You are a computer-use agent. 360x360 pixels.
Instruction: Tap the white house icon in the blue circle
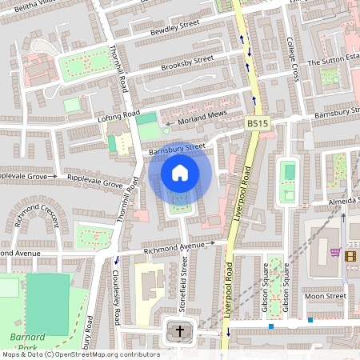(x=180, y=172)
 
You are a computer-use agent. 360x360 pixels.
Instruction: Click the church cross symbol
(x=180, y=330)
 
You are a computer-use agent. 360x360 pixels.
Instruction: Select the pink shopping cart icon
(x=334, y=254)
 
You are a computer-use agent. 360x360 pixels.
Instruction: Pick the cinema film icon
(x=350, y=254)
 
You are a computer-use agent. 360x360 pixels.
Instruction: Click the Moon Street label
(x=324, y=296)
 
